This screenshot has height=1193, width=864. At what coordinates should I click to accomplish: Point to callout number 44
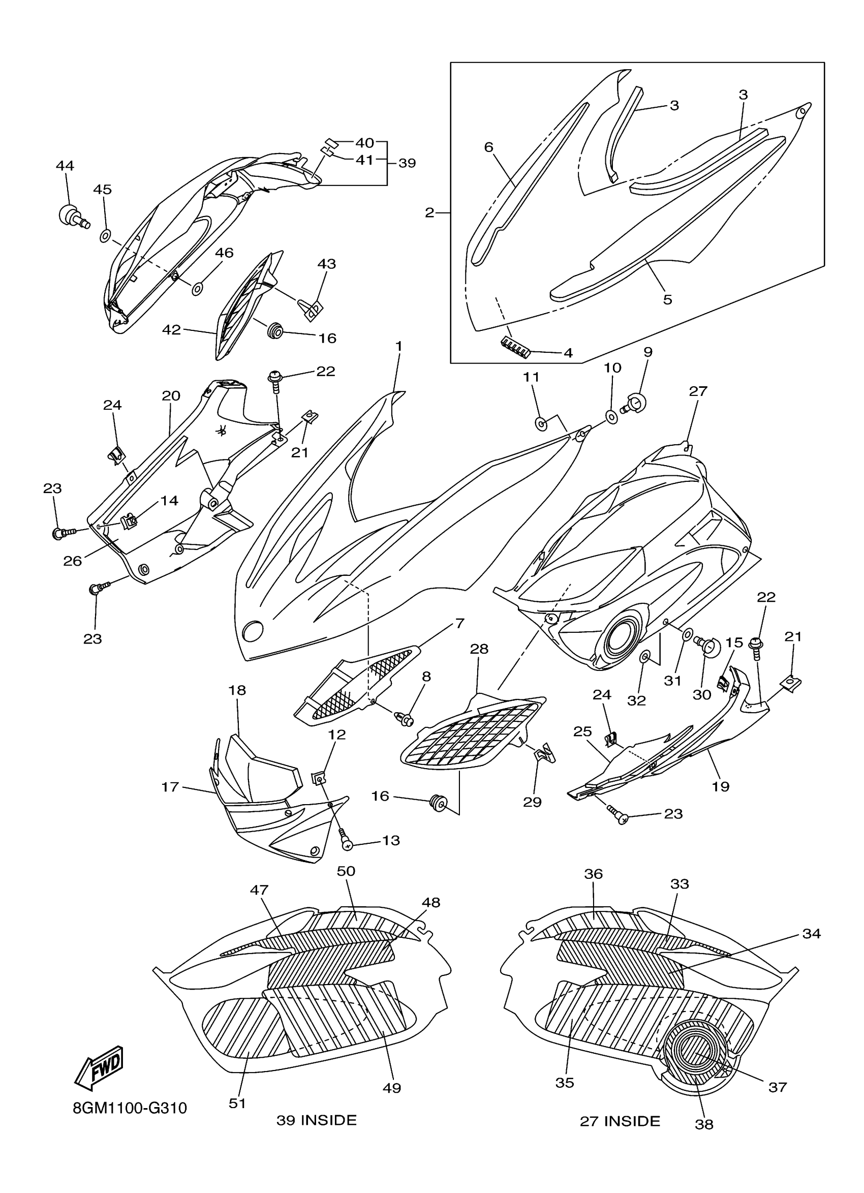(x=65, y=166)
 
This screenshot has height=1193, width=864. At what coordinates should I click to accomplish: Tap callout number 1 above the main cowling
(x=399, y=346)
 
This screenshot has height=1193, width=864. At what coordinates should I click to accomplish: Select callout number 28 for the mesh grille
(x=480, y=649)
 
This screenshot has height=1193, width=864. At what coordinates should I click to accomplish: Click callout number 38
(x=704, y=1124)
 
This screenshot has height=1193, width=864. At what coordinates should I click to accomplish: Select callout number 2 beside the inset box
(x=429, y=212)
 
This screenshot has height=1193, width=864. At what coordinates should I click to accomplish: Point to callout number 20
(x=171, y=395)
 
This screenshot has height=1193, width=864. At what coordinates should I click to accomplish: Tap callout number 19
(x=721, y=786)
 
